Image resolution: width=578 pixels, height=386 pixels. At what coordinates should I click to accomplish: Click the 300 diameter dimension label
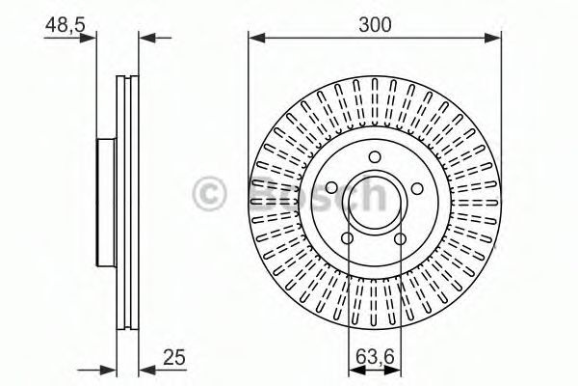[375, 25]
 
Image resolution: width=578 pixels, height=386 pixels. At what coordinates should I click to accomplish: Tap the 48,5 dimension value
[63, 25]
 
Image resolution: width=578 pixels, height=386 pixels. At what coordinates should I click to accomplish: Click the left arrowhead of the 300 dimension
[254, 39]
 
